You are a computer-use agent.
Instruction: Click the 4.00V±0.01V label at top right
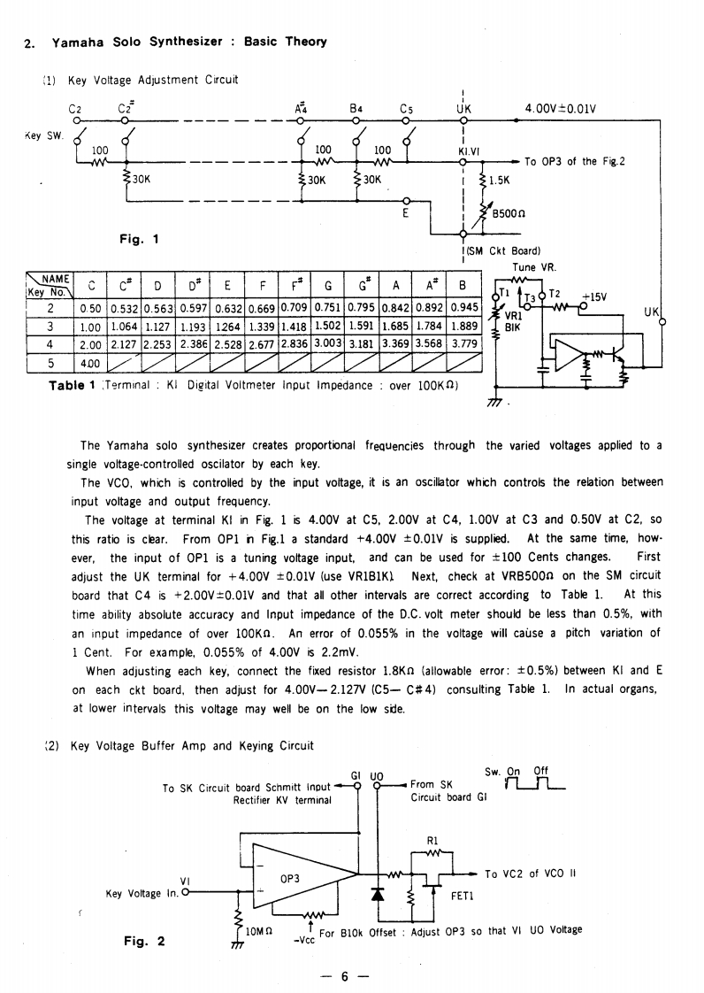[x=560, y=110]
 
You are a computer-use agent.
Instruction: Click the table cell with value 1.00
[x=89, y=325]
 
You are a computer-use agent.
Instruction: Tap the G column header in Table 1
[x=327, y=286]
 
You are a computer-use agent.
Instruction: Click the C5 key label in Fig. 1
[x=407, y=110]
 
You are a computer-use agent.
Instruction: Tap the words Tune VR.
[x=532, y=266]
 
